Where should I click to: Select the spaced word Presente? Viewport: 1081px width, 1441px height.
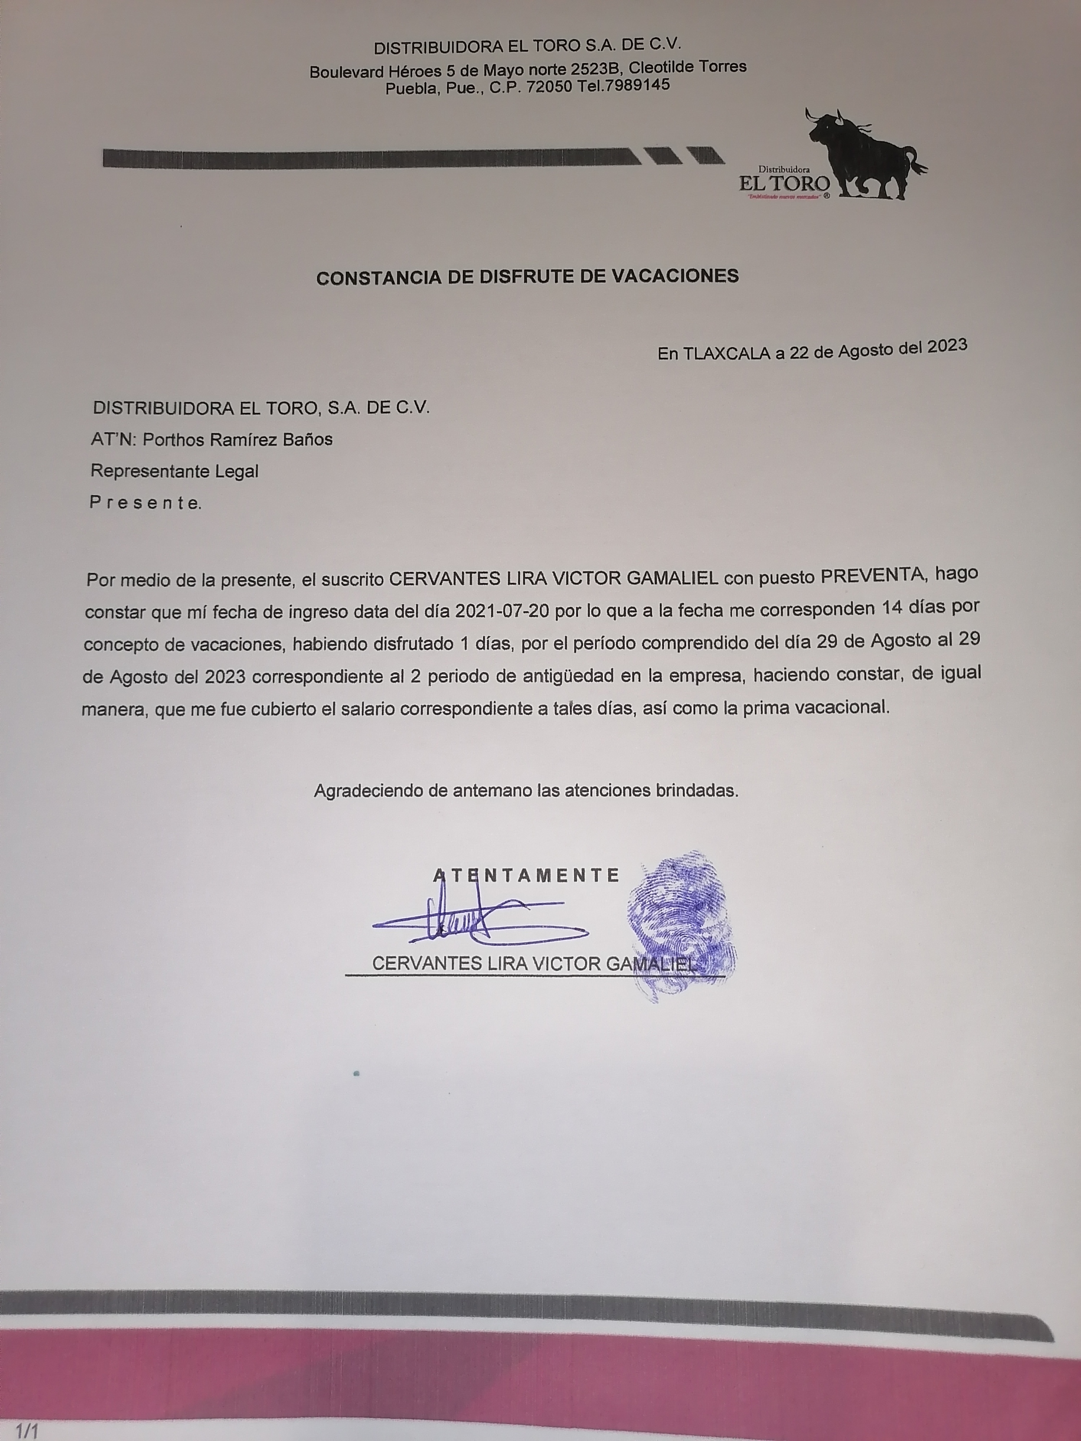pyautogui.click(x=144, y=503)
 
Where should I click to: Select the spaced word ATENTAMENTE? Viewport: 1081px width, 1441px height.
pyautogui.click(x=526, y=875)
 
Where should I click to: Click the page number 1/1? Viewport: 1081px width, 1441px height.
pyautogui.click(x=27, y=1431)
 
